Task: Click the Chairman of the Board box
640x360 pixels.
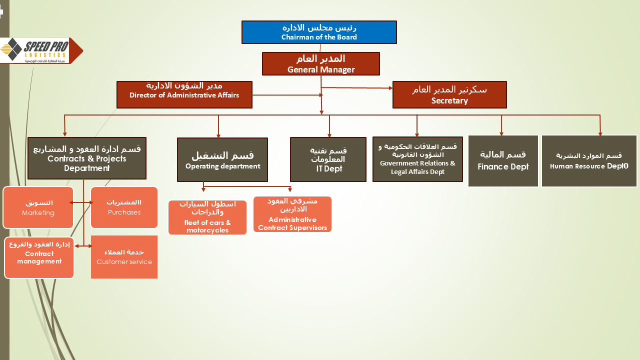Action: (319, 32)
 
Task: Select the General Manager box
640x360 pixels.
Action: (320, 63)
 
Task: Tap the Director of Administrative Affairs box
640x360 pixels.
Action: (184, 94)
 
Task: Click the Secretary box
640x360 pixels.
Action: (449, 94)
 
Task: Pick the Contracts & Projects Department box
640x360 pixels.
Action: (87, 158)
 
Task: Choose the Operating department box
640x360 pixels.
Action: (222, 159)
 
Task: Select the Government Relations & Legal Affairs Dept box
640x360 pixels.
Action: (417, 159)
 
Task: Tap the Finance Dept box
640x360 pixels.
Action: (503, 161)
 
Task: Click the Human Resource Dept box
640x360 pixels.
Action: (589, 161)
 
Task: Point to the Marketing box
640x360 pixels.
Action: (38, 207)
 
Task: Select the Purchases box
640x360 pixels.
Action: (124, 207)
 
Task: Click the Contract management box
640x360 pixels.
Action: (39, 257)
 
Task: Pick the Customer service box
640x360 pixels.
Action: (124, 257)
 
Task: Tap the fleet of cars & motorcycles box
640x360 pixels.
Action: (207, 217)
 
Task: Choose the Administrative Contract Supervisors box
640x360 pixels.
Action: (292, 214)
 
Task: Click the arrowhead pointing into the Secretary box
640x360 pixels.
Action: (391, 88)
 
